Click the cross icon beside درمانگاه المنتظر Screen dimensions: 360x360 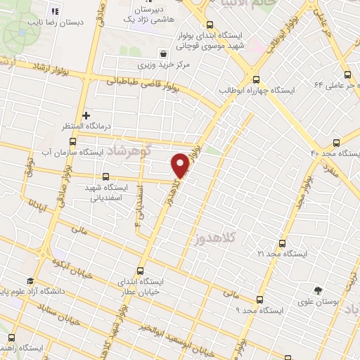point(86,115)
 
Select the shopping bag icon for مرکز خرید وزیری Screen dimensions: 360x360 point(164,53)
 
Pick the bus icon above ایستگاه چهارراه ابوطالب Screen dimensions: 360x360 point(256,79)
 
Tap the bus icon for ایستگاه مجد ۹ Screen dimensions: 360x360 point(259,298)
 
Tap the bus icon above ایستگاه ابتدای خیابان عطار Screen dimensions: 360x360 point(140,270)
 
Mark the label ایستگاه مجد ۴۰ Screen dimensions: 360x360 point(336,153)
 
